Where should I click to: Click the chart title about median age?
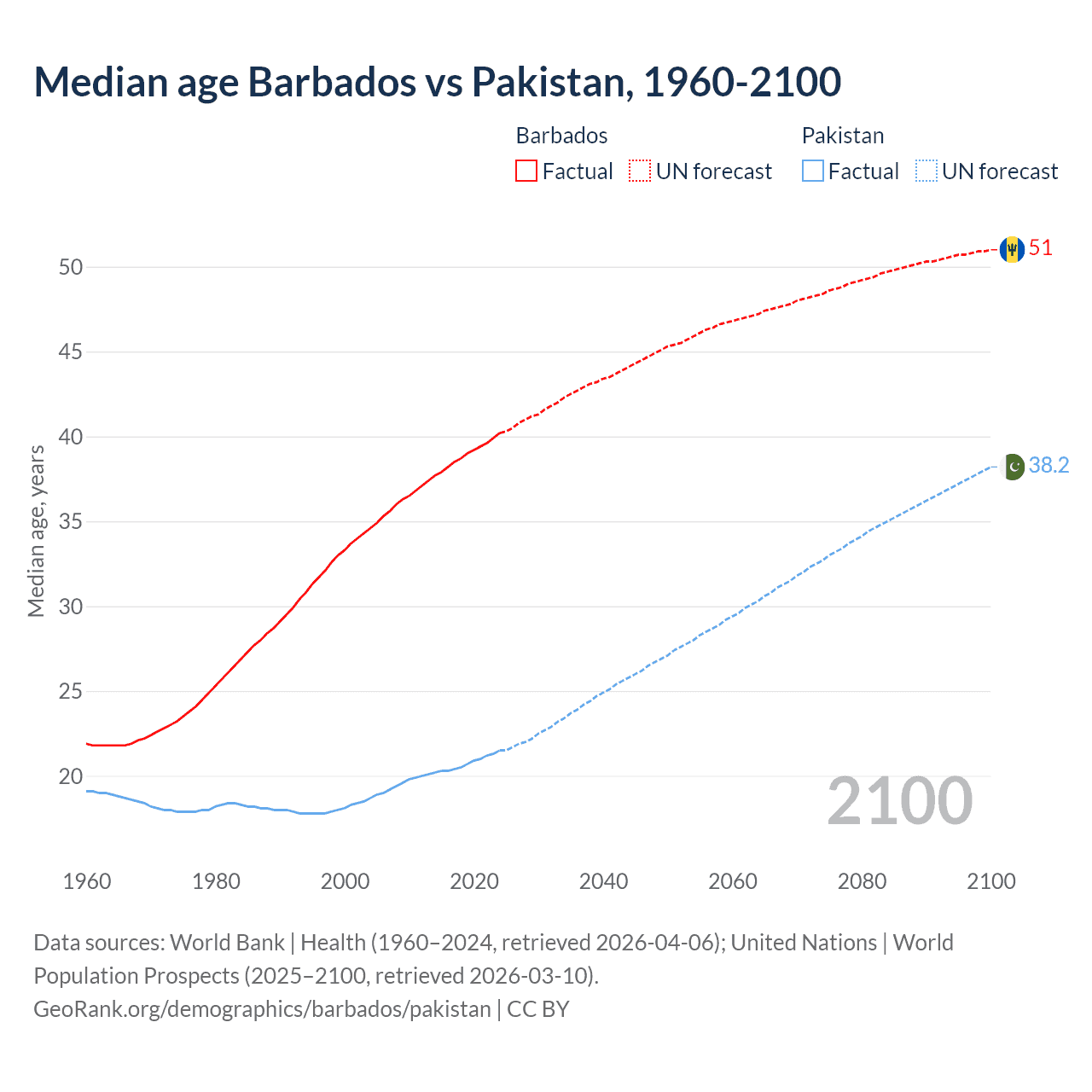438,82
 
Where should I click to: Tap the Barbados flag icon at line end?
1012,249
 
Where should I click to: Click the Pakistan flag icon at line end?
1012,467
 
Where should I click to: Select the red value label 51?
1041,248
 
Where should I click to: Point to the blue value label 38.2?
1048,465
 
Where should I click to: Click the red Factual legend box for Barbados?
526,171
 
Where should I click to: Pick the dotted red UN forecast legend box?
640,171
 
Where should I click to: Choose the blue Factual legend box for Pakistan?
813,171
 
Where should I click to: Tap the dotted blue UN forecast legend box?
926,171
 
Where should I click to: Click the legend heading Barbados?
561,136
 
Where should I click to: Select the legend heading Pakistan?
842,136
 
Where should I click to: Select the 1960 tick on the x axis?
87,881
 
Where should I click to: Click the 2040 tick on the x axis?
603,881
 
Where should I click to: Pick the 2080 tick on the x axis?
862,881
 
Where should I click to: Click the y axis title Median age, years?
36,531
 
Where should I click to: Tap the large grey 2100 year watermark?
899,801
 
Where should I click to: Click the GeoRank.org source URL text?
262,1009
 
